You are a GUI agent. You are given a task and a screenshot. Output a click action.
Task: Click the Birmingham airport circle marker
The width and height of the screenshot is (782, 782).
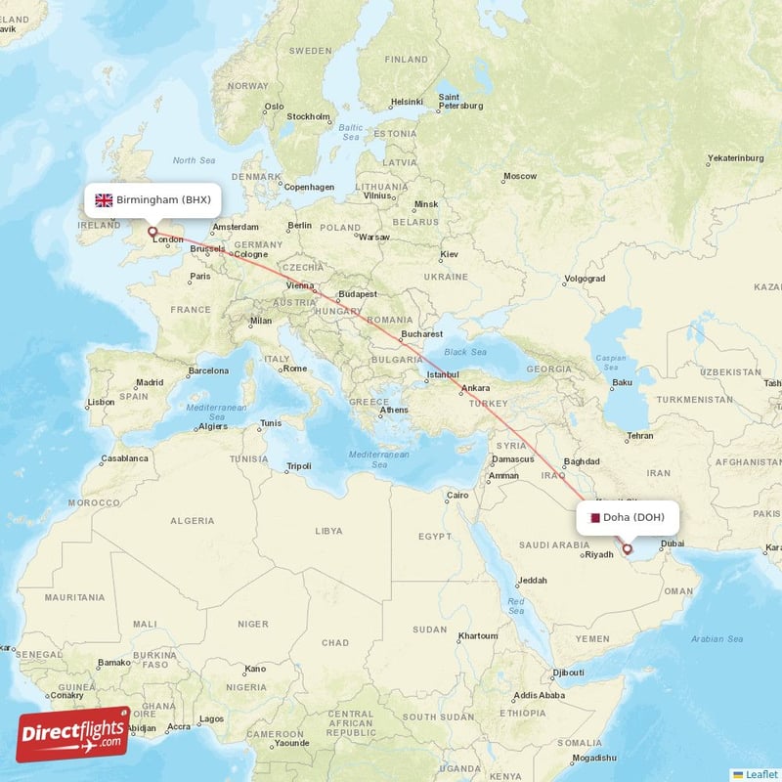(x=152, y=232)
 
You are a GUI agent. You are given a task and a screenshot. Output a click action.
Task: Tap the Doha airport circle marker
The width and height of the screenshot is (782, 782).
(x=628, y=549)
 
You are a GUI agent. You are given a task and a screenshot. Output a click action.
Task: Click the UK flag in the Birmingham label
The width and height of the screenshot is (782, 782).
(x=104, y=199)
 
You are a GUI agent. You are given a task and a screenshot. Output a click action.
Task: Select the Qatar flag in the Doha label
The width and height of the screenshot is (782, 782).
(x=592, y=517)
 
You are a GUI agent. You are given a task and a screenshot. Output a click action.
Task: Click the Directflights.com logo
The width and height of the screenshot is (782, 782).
(x=73, y=734)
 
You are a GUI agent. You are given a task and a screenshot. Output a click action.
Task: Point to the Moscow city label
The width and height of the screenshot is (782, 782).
(x=519, y=177)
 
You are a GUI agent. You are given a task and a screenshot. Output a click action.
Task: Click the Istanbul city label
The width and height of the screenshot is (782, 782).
(x=442, y=374)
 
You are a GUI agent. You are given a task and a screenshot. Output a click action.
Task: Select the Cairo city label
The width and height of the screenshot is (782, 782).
(x=457, y=496)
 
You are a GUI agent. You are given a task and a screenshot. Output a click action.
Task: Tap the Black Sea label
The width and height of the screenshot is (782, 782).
(x=465, y=352)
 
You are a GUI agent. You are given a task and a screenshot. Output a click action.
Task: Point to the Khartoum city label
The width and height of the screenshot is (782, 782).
(x=479, y=635)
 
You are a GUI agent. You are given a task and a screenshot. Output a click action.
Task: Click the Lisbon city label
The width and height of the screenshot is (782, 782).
(x=101, y=402)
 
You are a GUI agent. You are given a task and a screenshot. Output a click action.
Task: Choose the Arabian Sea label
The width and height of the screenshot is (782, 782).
(x=717, y=638)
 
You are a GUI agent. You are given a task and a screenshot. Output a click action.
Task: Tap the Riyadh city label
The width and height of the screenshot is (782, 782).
(x=597, y=555)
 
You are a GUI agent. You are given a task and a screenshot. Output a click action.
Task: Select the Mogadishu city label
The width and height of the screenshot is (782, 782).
(x=595, y=758)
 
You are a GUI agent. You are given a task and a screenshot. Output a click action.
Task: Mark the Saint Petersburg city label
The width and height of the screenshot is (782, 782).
(x=462, y=101)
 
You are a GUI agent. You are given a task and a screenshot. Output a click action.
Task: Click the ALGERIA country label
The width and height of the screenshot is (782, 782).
(x=192, y=521)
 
